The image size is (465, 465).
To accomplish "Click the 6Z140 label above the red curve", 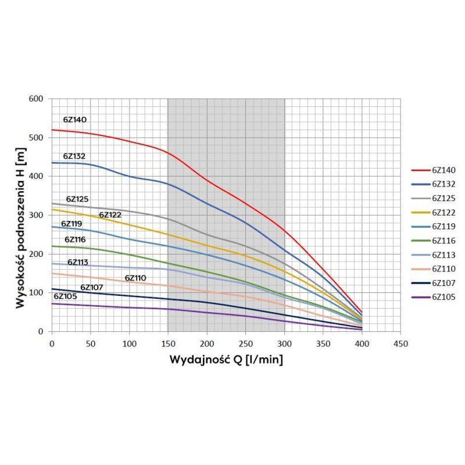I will pyautogui.click(x=75, y=120).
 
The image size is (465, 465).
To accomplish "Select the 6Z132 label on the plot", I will pyautogui.click(x=75, y=156).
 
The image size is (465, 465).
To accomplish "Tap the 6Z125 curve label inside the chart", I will pyautogui.click(x=77, y=199).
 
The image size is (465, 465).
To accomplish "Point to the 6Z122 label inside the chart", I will pyautogui.click(x=110, y=215).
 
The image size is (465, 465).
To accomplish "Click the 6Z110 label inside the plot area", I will pyautogui.click(x=135, y=278).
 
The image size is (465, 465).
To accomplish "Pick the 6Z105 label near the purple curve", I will pyautogui.click(x=65, y=296).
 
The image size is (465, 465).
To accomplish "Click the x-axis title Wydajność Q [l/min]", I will pyautogui.click(x=226, y=359).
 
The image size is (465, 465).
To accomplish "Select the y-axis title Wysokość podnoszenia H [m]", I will pyautogui.click(x=20, y=215).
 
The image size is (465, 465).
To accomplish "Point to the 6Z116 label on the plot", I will pyautogui.click(x=76, y=239).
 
